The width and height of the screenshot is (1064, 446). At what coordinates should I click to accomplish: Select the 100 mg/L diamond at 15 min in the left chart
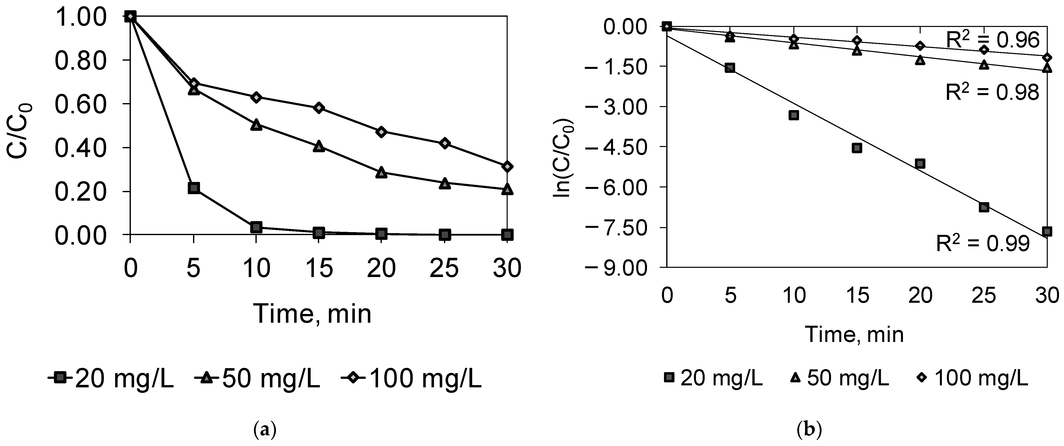click(x=318, y=108)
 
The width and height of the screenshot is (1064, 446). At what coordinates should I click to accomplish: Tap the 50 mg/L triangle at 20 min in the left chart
click(x=381, y=173)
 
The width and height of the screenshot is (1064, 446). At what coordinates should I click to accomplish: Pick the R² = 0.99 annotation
click(x=983, y=244)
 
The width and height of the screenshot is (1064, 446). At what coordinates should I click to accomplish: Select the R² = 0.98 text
click(x=992, y=93)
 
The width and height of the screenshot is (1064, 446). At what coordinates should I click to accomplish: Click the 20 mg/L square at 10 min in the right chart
click(x=794, y=115)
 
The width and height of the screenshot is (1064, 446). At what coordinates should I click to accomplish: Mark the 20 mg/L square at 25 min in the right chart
click(x=984, y=207)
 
